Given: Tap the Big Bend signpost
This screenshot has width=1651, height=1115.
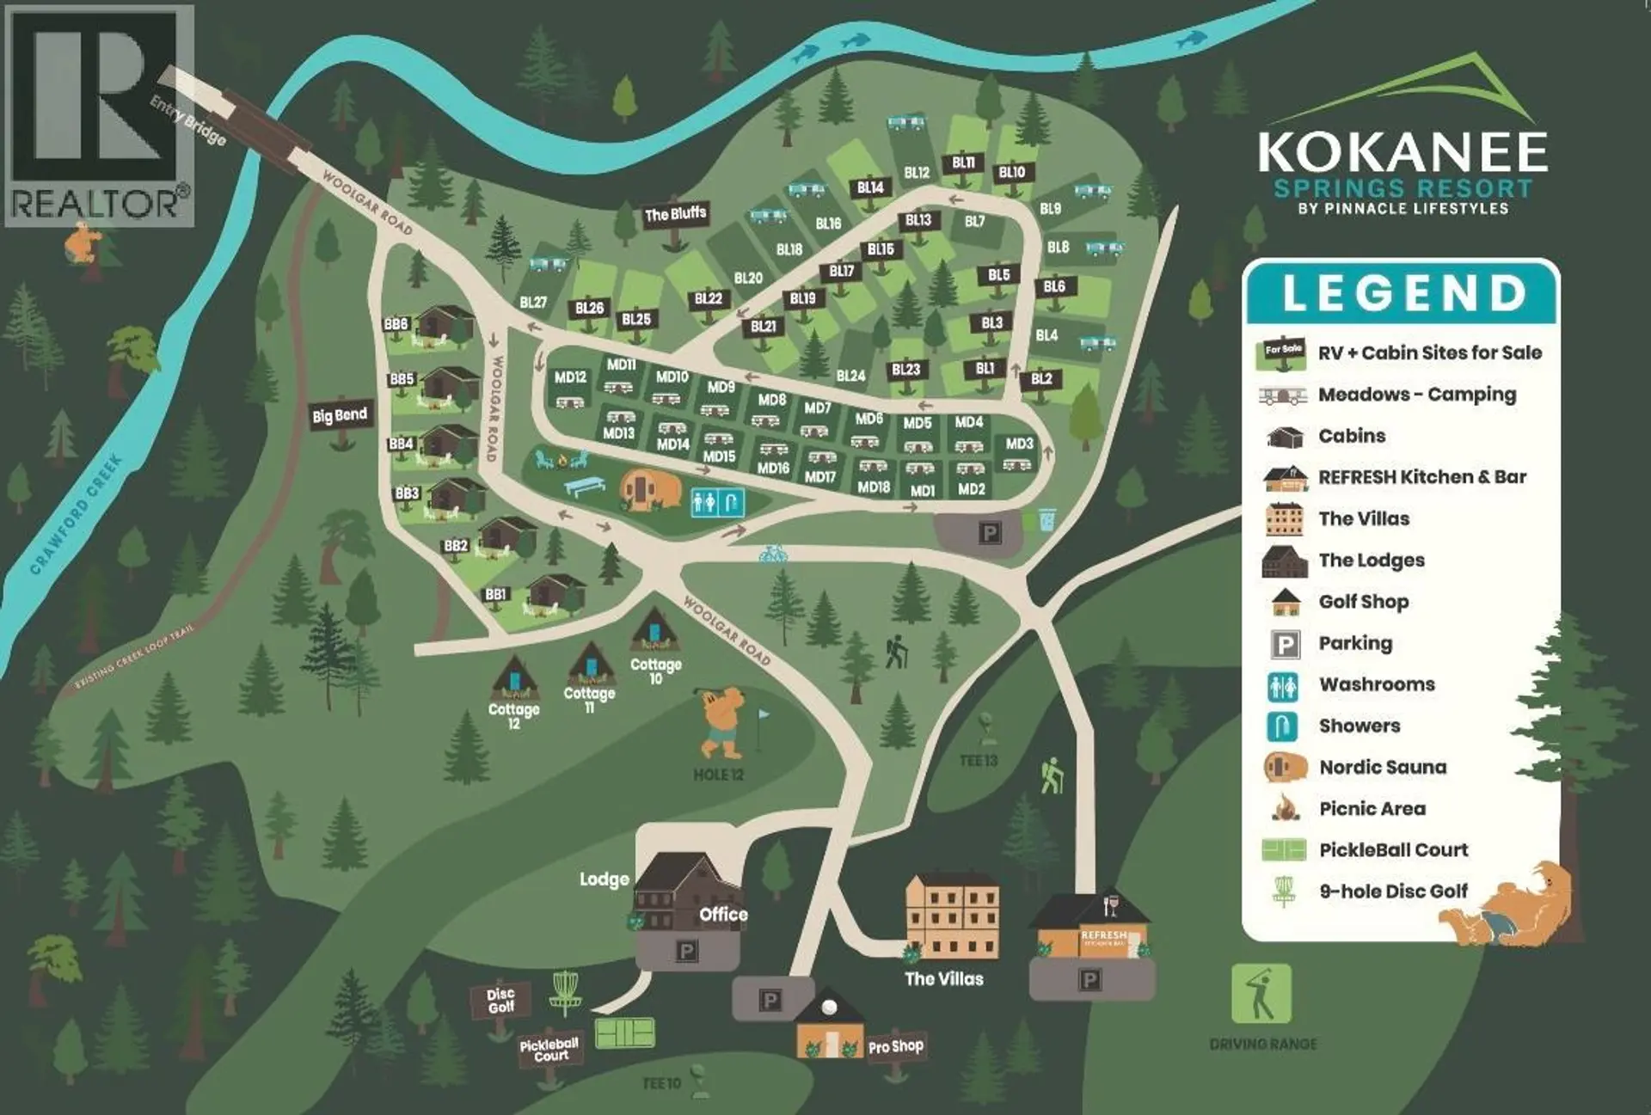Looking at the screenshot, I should [x=340, y=416].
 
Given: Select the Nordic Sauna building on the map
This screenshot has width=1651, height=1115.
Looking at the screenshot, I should [x=650, y=490].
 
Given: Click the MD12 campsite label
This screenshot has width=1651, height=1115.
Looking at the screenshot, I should [x=570, y=377].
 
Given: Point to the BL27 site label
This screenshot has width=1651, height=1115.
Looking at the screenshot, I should [x=533, y=303].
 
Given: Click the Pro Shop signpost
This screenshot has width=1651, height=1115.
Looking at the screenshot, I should [x=895, y=1047].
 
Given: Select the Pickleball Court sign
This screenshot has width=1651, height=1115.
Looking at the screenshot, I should [x=549, y=1050].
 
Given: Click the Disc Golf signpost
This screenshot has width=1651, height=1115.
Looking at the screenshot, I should [x=500, y=1001].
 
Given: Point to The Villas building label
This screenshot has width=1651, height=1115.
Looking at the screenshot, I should [x=943, y=978].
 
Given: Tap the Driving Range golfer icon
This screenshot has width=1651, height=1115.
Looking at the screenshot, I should [x=1261, y=994].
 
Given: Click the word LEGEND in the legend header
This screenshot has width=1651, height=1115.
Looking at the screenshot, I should [x=1404, y=293].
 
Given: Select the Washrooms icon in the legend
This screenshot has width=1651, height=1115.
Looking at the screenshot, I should [x=1282, y=685].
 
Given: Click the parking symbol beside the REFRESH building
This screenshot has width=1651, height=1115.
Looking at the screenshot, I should [x=1089, y=979].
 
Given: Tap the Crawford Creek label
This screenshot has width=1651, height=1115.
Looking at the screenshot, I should [x=77, y=514].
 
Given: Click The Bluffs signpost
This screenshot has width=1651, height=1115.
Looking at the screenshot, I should [x=675, y=214].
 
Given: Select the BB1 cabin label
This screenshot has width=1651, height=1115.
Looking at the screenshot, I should [x=496, y=594].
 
